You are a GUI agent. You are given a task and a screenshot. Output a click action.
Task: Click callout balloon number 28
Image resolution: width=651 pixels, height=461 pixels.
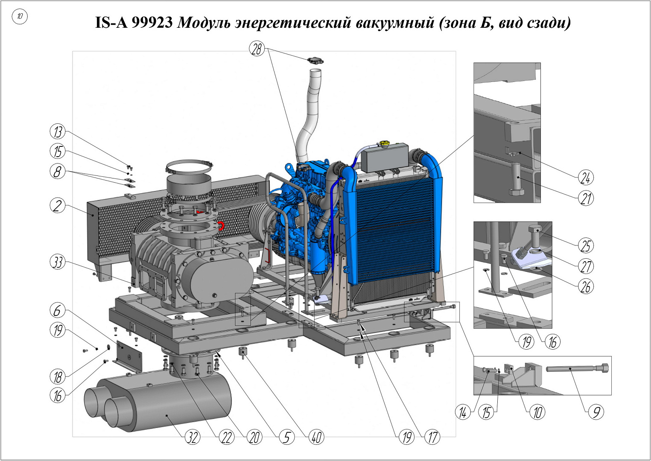pos(257,49)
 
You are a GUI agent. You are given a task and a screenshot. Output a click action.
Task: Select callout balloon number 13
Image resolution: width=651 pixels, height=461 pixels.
pos(58,131)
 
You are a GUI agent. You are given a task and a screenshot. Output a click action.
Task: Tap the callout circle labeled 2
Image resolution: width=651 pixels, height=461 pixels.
pos(57,206)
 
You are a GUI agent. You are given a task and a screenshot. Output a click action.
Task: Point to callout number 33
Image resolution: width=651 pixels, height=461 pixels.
pos(58,262)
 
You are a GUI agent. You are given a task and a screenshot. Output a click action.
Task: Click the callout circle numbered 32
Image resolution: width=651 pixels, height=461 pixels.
pos(193,437)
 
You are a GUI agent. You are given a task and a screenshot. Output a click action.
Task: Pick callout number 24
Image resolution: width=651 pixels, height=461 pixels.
pos(585,178)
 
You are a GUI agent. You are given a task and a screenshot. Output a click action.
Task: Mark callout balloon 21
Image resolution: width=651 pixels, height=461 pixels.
pos(585,198)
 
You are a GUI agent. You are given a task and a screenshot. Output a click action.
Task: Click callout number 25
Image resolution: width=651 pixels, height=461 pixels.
pos(585,245)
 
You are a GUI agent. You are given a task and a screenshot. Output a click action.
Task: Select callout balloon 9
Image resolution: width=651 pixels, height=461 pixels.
pos(596,412)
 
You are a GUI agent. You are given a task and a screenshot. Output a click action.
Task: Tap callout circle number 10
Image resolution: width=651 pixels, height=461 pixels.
pos(537,412)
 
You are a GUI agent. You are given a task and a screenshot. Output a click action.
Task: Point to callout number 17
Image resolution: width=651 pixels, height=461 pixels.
pos(432,437)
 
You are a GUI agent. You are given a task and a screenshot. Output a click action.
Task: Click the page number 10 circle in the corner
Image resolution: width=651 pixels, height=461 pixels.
pos(20,16)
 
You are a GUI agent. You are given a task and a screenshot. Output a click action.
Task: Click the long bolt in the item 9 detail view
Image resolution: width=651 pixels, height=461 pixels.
pos(577,368)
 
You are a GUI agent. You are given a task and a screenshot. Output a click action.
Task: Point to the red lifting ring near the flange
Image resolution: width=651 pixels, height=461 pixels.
pos(220,225)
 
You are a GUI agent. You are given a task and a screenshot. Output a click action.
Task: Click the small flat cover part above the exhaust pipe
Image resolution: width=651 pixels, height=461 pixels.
pos(316,61)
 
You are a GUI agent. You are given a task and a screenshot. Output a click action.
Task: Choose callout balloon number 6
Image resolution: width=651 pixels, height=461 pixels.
pos(57,310)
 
